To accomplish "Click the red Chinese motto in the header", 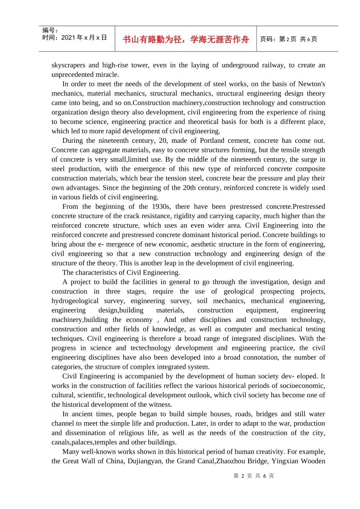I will click(x=186, y=39).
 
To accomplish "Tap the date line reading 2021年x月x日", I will click(x=75, y=37).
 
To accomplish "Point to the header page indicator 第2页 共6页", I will click(x=289, y=39).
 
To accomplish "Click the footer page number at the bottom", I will click(x=254, y=476).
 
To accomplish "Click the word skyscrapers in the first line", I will click(x=68, y=65).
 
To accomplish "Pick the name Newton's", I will click(x=311, y=84).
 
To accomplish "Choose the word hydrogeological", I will click(x=75, y=301).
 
